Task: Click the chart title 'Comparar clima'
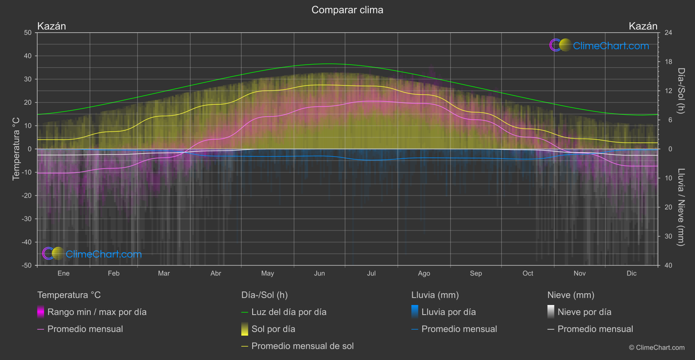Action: pyautogui.click(x=347, y=10)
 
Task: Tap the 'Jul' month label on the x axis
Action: pyautogui.click(x=371, y=274)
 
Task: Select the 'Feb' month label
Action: pyautogui.click(x=113, y=274)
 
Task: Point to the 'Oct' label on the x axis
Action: pyautogui.click(x=528, y=274)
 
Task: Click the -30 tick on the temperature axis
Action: pyautogui.click(x=27, y=219)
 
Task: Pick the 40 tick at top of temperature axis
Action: pyautogui.click(x=28, y=56)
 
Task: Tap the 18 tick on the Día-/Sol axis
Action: pyautogui.click(x=668, y=62)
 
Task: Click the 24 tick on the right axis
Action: pyautogui.click(x=668, y=33)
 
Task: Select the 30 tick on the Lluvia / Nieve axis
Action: pyautogui.click(x=668, y=237)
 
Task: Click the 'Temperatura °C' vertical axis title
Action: pyautogui.click(x=16, y=149)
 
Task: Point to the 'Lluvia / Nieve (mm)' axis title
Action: pyautogui.click(x=681, y=207)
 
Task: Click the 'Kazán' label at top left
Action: pyautogui.click(x=51, y=26)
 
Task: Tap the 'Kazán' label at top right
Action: pyautogui.click(x=643, y=26)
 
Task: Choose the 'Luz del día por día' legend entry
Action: pyautogui.click(x=288, y=312)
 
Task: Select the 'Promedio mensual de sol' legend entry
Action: pyautogui.click(x=302, y=346)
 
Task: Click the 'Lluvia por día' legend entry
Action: pyautogui.click(x=448, y=312)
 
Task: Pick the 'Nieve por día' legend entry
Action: pyautogui.click(x=584, y=312)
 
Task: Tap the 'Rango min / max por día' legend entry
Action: pyautogui.click(x=96, y=312)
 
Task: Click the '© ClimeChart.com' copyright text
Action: pyautogui.click(x=657, y=348)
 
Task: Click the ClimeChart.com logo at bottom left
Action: pyautogui.click(x=92, y=254)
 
